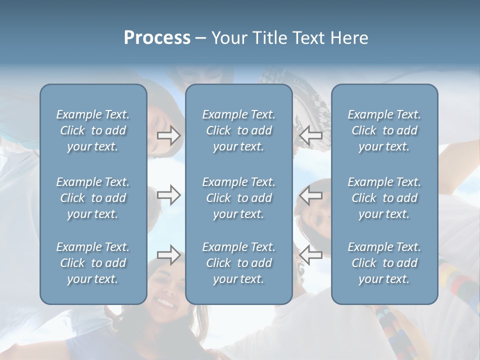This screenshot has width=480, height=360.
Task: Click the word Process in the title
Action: pyautogui.click(x=157, y=38)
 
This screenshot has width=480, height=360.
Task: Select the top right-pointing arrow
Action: pyautogui.click(x=169, y=135)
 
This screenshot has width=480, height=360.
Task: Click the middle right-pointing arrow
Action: pyautogui.click(x=169, y=195)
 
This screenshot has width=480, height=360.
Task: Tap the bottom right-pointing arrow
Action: pyautogui.click(x=169, y=255)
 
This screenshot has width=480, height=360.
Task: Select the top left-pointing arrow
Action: pyautogui.click(x=311, y=135)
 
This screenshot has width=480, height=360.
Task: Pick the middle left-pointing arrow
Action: pyautogui.click(x=311, y=195)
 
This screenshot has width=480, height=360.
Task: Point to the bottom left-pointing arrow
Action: pyautogui.click(x=311, y=255)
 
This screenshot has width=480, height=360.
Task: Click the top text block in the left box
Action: pyautogui.click(x=93, y=130)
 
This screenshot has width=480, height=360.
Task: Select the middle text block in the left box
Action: pyautogui.click(x=93, y=198)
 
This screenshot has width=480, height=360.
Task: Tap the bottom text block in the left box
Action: pyautogui.click(x=93, y=263)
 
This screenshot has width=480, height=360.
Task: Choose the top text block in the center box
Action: pyautogui.click(x=239, y=130)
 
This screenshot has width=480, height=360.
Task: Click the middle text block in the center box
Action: pyautogui.click(x=239, y=198)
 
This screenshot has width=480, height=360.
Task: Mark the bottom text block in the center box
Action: pyautogui.click(x=239, y=263)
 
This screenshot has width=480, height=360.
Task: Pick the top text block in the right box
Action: pyautogui.click(x=384, y=130)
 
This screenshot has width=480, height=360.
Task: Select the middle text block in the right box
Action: pyautogui.click(x=384, y=198)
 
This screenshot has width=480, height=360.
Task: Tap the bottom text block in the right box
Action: pyautogui.click(x=384, y=263)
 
